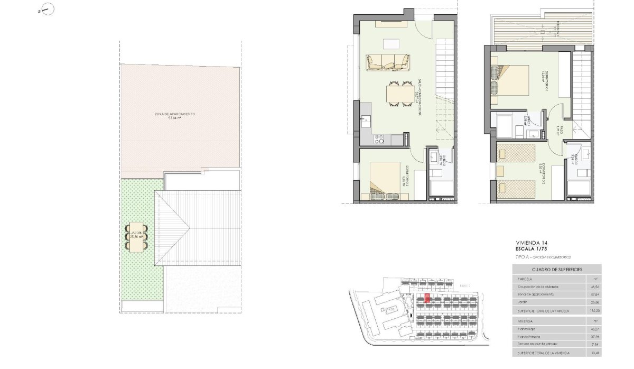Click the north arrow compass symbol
[x=45, y=10]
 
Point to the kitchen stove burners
[x=379, y=139]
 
